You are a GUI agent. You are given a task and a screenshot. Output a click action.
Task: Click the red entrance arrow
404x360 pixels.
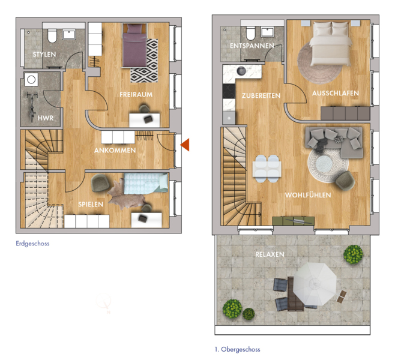click(185, 145)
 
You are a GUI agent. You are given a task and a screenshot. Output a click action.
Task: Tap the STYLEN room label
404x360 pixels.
click(44, 55)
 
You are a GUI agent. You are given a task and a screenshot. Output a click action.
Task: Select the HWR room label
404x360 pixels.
click(46, 118)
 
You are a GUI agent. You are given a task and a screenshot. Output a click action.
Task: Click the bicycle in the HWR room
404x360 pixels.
click(32, 106)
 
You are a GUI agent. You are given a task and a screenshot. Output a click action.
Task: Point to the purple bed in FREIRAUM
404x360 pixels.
click(134, 46)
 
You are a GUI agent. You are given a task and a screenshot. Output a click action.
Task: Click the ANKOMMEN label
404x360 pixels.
click(115, 151)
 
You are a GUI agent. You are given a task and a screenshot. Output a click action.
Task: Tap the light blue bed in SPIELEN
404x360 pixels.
click(146, 184)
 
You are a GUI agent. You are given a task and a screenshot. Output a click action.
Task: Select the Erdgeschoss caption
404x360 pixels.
click(32, 244)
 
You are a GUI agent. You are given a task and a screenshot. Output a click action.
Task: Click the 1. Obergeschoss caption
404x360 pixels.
click(237, 349)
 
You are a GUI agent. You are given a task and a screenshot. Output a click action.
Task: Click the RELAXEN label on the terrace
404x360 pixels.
click(270, 254)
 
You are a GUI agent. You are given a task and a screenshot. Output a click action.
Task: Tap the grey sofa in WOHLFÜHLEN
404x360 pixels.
click(334, 142)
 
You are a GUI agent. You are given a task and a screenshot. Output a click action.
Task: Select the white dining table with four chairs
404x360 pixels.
click(267, 169)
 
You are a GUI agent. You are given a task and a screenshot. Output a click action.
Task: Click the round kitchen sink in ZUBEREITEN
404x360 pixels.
click(241, 71)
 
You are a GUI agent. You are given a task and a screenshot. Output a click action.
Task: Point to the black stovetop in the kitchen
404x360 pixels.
click(229, 91)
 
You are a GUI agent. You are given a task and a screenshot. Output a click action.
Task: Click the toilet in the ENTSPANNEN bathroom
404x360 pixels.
click(250, 33)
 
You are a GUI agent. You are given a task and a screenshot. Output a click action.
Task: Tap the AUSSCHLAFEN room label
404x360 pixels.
click(336, 93)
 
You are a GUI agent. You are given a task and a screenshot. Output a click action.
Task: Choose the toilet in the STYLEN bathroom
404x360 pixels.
click(52, 36)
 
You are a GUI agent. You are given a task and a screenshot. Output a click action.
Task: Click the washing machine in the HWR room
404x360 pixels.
click(31, 79)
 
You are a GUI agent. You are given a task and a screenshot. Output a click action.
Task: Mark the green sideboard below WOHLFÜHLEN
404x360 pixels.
click(293, 221)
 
